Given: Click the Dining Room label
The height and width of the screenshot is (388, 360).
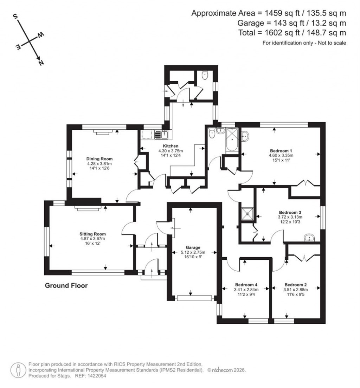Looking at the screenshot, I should point(99,159).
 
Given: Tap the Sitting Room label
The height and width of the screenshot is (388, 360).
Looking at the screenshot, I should point(92,234).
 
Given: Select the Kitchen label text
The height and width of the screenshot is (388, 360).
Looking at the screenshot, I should point(170,146).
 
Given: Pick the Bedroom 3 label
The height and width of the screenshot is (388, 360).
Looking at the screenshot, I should point(290,212).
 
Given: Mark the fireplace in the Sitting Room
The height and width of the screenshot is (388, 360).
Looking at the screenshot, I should point(88,208).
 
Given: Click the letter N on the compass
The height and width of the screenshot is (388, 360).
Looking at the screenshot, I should point(41,63).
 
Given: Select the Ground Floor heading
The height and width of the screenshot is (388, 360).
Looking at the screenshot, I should point(66,286).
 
